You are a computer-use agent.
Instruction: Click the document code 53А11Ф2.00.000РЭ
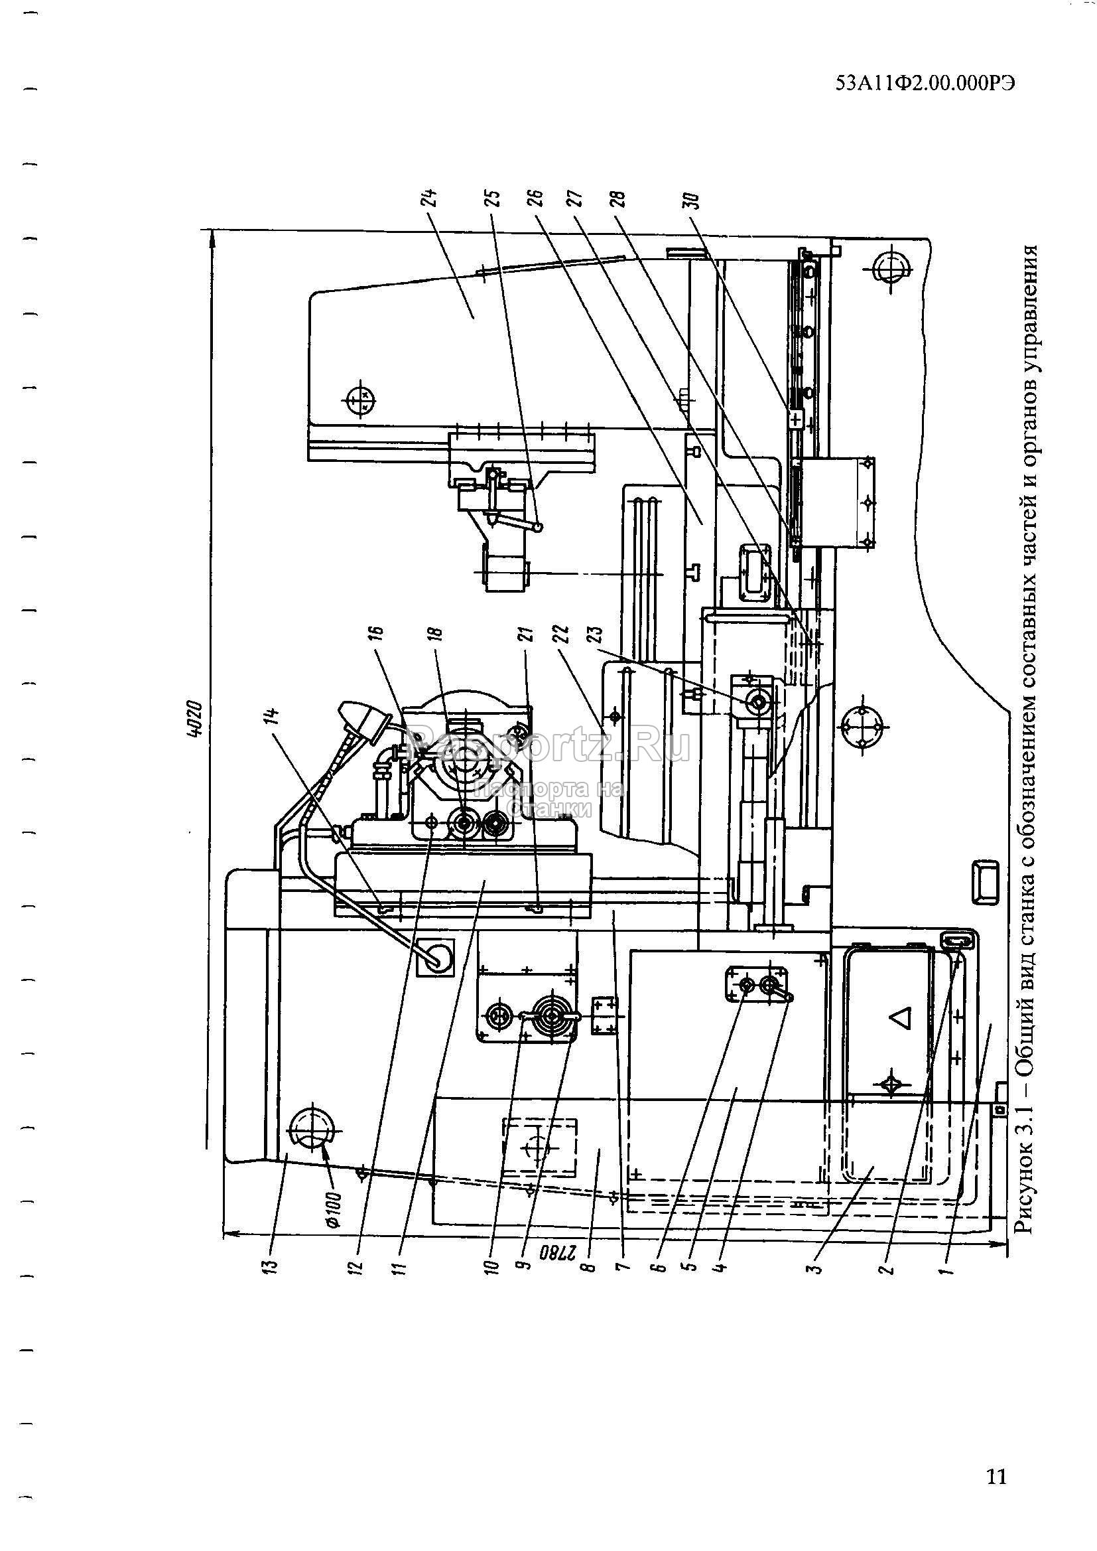click(x=925, y=84)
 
